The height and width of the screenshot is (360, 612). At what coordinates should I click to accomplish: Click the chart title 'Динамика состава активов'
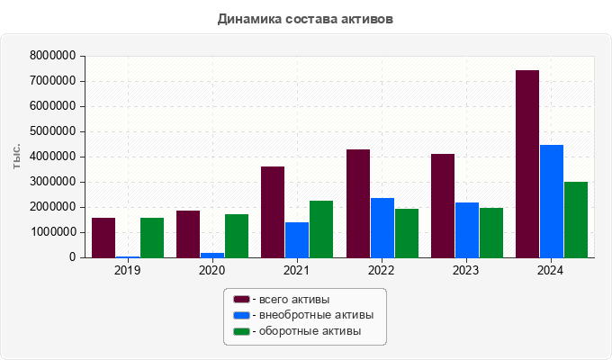click(x=305, y=18)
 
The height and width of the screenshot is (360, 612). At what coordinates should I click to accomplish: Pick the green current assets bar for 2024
click(x=576, y=220)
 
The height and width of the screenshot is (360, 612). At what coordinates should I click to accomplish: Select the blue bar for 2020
click(x=212, y=255)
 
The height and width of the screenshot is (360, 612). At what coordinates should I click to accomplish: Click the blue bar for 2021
click(x=297, y=239)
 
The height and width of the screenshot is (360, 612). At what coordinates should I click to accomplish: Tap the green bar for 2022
click(x=407, y=233)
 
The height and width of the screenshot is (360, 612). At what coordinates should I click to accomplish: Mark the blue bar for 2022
click(x=382, y=228)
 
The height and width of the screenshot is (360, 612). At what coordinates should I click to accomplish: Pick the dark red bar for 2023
click(x=443, y=206)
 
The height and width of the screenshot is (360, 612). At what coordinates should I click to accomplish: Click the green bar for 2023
click(x=491, y=233)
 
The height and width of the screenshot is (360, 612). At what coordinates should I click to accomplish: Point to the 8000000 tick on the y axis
click(x=52, y=56)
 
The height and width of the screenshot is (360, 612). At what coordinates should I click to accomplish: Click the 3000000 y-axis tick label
click(x=52, y=182)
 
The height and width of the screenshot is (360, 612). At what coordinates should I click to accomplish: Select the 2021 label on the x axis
click(x=296, y=270)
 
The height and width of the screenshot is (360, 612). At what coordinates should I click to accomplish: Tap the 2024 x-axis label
click(x=551, y=270)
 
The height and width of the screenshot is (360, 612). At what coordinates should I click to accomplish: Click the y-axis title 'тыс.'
click(x=17, y=156)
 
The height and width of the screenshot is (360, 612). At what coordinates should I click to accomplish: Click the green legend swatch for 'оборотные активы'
click(x=241, y=332)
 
